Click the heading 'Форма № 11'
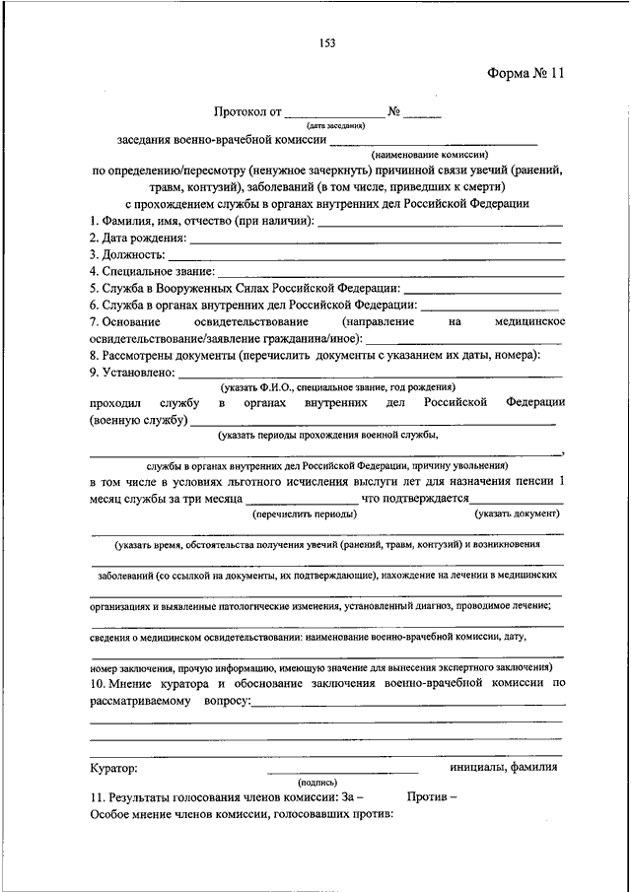(525, 74)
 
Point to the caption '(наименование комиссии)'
(430, 156)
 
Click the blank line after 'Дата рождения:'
(375, 240)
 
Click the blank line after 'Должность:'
(365, 255)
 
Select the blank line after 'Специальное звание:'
(390, 271)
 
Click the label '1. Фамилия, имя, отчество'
(159, 222)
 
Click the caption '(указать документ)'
(517, 514)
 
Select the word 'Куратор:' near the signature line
(113, 768)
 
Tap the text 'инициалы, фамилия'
(503, 768)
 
